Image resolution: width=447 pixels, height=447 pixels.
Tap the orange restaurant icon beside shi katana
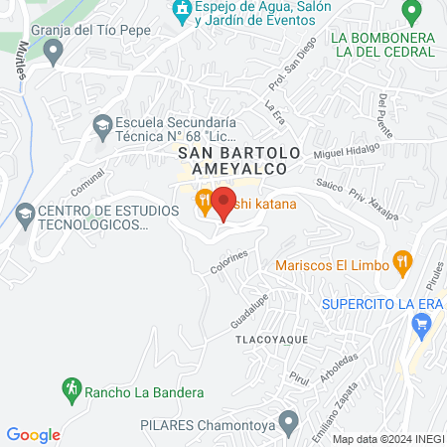point(203,205)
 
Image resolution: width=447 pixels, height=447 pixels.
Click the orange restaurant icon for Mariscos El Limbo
point(402,263)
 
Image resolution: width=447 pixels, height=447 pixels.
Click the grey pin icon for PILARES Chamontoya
point(288,424)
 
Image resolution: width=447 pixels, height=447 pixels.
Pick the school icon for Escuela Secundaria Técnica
point(101,125)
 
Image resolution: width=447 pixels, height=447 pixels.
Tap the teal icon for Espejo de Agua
point(181,12)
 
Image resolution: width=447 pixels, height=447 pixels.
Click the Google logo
point(33,434)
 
